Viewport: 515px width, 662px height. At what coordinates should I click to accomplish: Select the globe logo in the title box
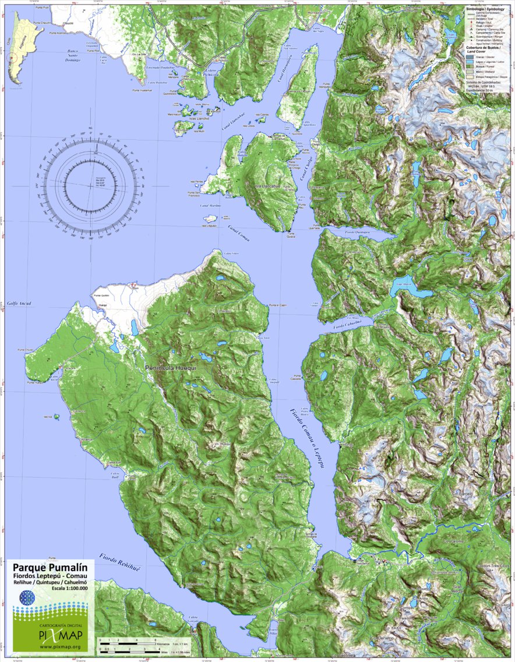27,598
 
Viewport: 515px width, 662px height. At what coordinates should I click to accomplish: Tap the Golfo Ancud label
19,303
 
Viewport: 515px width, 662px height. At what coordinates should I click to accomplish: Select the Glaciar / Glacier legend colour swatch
470,57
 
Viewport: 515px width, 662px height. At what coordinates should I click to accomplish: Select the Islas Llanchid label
198,119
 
